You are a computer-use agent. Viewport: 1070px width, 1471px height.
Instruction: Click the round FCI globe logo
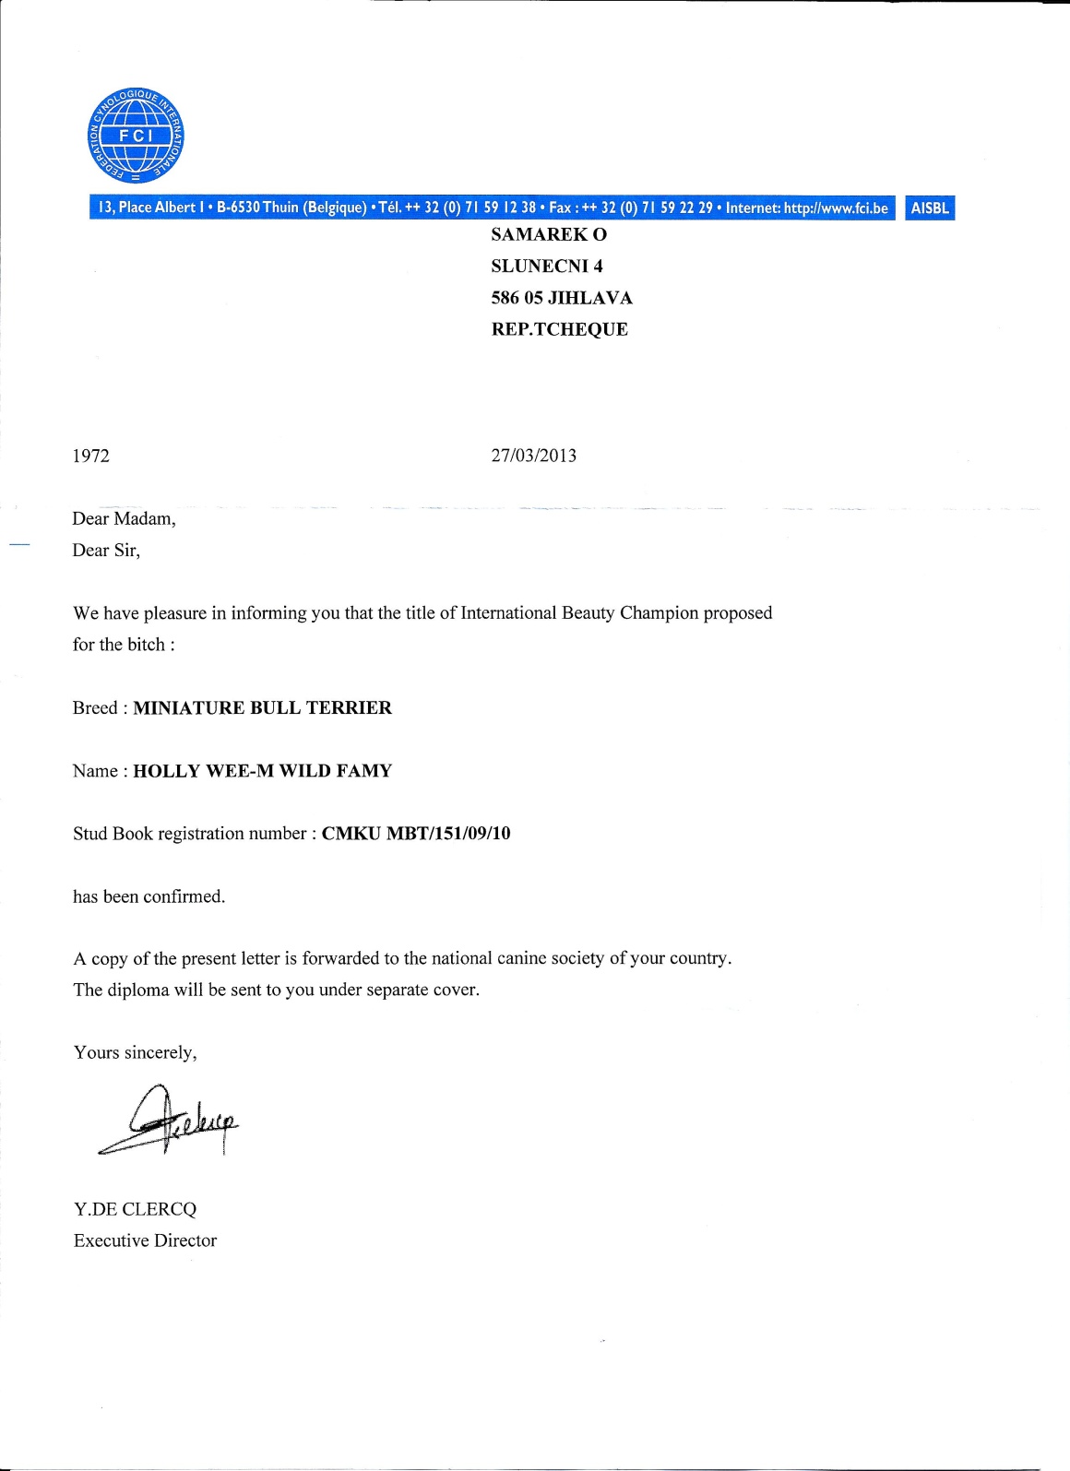(x=136, y=136)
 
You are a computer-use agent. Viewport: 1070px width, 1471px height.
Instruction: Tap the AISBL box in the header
(x=930, y=208)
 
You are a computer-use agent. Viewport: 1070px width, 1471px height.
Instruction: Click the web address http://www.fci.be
(x=836, y=208)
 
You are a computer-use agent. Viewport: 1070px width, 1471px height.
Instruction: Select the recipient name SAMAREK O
(x=549, y=235)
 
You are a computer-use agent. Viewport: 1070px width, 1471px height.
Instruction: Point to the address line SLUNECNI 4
(x=547, y=267)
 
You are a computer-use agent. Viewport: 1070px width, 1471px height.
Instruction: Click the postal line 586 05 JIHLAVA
(x=562, y=298)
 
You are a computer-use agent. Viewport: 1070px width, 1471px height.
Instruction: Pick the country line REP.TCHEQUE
(x=560, y=329)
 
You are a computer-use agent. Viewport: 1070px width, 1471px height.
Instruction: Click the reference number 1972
(x=91, y=456)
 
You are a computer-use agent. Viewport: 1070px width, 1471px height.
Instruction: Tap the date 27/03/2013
(x=534, y=456)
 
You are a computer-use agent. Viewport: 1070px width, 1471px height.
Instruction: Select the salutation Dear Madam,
(x=125, y=518)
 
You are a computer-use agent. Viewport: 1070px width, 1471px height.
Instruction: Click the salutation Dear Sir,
(x=107, y=551)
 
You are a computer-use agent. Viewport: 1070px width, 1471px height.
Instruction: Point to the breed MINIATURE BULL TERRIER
(x=263, y=708)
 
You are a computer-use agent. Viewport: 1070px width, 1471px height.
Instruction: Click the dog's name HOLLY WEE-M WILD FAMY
(x=263, y=771)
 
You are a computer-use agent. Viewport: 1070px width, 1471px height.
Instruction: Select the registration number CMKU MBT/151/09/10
(x=416, y=834)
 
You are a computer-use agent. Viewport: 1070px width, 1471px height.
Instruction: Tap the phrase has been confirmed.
(x=149, y=896)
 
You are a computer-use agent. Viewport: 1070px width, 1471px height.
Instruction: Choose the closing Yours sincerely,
(x=136, y=1053)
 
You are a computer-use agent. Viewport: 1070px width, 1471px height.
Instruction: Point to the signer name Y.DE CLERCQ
(x=136, y=1209)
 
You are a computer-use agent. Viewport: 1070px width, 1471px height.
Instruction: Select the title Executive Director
(x=146, y=1241)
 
